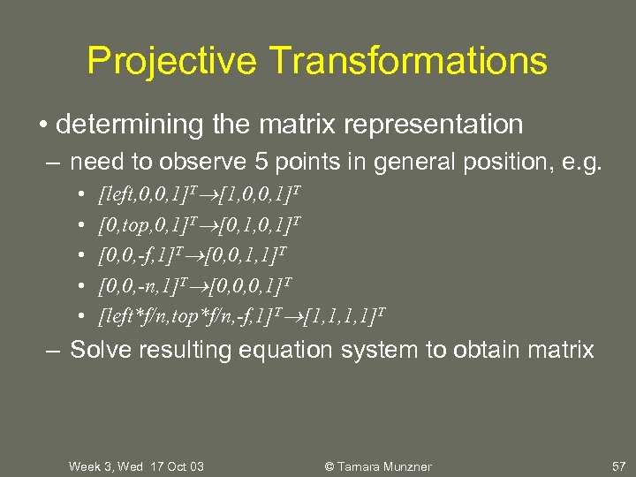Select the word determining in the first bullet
tap(131, 125)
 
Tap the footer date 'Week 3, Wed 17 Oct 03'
tap(136, 466)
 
